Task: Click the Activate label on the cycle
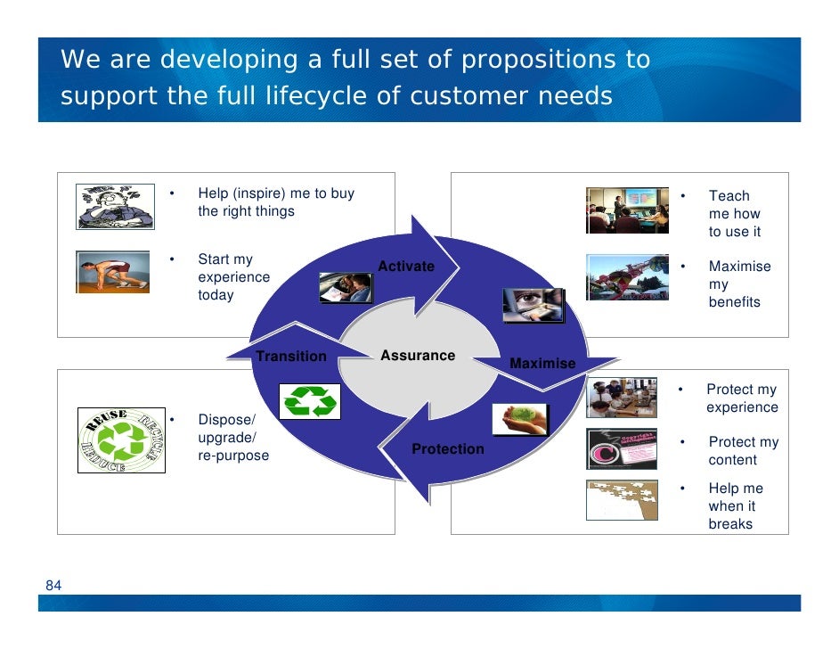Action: click(x=406, y=267)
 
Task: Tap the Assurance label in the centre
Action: click(x=418, y=356)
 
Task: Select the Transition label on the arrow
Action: click(x=291, y=357)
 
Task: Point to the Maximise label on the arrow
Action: click(x=542, y=364)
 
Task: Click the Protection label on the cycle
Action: click(x=448, y=449)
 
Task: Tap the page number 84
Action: click(x=53, y=586)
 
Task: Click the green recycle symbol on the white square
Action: click(x=310, y=402)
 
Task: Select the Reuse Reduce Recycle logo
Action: click(x=121, y=440)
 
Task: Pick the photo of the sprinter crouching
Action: click(x=112, y=272)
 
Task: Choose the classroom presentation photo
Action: click(x=627, y=210)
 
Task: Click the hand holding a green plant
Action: click(x=520, y=420)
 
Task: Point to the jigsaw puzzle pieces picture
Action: click(x=623, y=500)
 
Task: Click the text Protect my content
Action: click(x=743, y=451)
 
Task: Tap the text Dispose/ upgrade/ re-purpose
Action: click(x=233, y=438)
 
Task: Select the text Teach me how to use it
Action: click(x=735, y=214)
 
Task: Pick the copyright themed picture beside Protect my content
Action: click(x=623, y=449)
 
